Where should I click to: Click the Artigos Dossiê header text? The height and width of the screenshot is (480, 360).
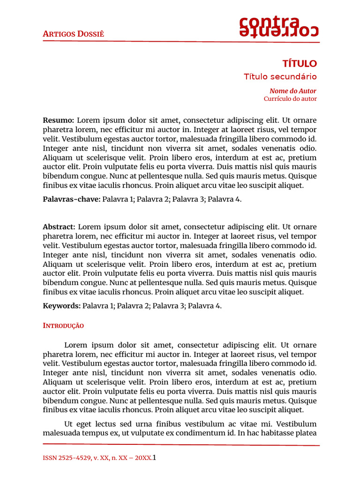(73, 34)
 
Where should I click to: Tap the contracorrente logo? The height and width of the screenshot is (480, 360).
(279, 27)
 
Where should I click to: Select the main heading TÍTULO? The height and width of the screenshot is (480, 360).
(300, 63)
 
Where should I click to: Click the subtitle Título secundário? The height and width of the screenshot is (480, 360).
(280, 76)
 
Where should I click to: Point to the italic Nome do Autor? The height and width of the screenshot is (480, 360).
(292, 91)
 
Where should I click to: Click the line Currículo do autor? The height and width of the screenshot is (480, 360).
(290, 99)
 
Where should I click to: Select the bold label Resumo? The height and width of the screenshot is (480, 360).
(59, 120)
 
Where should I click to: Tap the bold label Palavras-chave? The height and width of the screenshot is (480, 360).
(71, 199)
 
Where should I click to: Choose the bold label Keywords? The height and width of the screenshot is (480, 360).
(61, 306)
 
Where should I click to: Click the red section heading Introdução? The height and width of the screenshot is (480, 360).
(63, 325)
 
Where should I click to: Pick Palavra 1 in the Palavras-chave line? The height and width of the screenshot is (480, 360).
(118, 199)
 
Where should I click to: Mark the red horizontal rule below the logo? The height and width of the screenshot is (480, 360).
(181, 42)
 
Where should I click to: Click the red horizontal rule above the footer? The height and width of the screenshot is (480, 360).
(181, 444)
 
